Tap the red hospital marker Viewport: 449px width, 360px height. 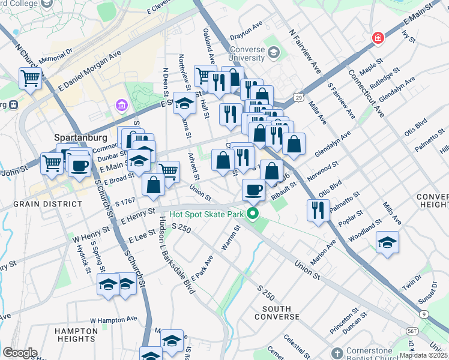[x=378, y=38]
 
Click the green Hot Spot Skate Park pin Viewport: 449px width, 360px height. [x=253, y=214]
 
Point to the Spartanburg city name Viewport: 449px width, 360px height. [x=71, y=136]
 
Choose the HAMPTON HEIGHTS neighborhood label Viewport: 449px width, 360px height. [x=76, y=335]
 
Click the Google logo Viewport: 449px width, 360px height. [x=19, y=353]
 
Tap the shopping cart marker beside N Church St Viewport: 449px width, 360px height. [x=30, y=78]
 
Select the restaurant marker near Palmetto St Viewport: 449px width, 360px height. [x=317, y=209]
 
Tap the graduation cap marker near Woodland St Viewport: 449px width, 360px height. [x=387, y=243]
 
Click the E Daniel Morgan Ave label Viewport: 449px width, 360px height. [x=89, y=70]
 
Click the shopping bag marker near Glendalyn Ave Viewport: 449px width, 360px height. [x=294, y=143]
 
